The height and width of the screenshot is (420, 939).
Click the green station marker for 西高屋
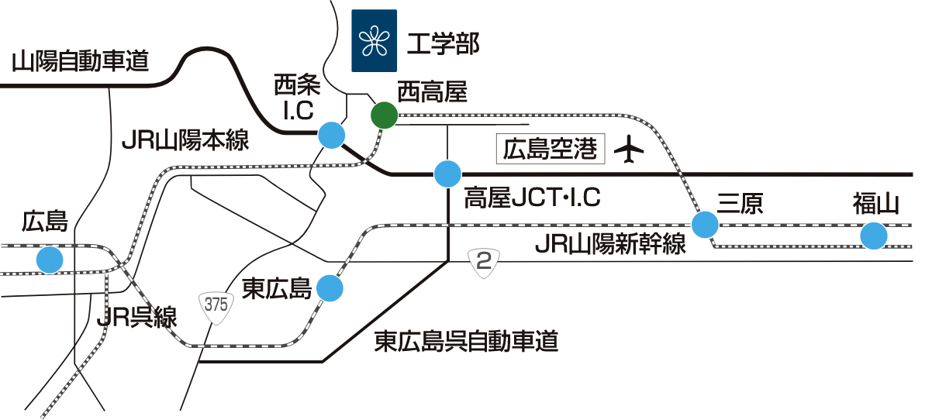pos(383,115)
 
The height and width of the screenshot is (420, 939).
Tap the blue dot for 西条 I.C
pos(332,136)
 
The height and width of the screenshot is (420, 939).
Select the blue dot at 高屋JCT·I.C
pos(447,174)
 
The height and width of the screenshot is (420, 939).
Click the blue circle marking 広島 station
pos(50,259)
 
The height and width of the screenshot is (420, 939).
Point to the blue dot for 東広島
pos(330,288)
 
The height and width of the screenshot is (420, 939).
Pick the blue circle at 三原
pos(705,225)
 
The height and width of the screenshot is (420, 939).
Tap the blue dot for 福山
pos(874,236)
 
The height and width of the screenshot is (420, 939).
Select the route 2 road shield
pos(485,263)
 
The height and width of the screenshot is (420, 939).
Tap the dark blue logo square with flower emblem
pos(375,41)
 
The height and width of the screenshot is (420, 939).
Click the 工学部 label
pos(443,43)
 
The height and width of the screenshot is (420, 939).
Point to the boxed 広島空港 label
pos(550,150)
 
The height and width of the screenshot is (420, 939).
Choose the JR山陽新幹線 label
pos(611,245)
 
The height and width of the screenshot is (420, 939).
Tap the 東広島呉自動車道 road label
pos(466,341)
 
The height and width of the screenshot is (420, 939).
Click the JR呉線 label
pos(138,318)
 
